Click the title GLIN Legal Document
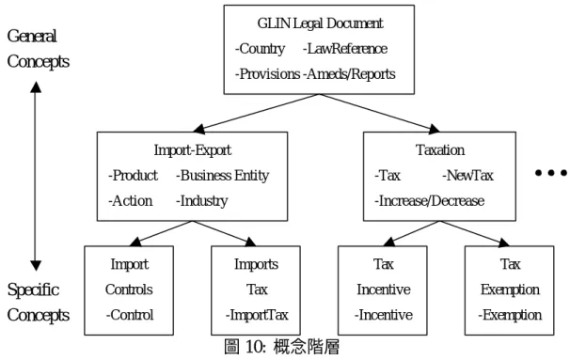tap(320, 23)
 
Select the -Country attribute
tap(260, 49)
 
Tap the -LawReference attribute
tap(345, 49)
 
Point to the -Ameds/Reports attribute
tap(349, 74)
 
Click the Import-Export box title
tap(192, 150)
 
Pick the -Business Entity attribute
tap(223, 176)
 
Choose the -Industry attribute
tap(201, 201)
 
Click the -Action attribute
tap(130, 201)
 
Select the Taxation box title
tap(440, 150)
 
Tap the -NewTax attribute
tap(467, 176)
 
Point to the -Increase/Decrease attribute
tap(429, 201)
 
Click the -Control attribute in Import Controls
tap(130, 315)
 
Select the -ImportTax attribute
tap(257, 315)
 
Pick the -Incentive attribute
tap(384, 315)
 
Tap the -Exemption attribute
tap(510, 315)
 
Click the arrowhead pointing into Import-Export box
tap(198, 129)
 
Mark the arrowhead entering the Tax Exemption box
tap(504, 243)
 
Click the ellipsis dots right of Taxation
tap(551, 173)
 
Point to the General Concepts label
tap(39, 49)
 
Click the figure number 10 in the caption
tap(254, 347)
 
